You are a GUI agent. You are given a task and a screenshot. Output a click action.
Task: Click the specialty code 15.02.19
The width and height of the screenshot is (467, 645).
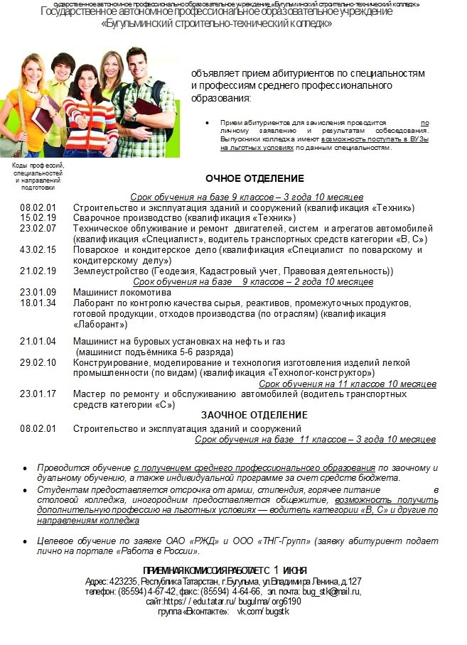click(x=38, y=218)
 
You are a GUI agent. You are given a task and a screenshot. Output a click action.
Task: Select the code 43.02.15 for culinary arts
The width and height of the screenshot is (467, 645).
click(x=38, y=250)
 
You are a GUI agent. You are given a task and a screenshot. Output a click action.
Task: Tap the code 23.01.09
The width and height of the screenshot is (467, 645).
click(x=38, y=293)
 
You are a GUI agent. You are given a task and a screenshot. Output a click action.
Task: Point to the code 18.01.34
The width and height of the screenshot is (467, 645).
click(x=38, y=303)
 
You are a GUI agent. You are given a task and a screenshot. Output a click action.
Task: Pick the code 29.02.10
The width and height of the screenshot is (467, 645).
click(x=38, y=362)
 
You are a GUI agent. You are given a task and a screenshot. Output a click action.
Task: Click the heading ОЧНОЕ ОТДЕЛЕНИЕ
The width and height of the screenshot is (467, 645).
click(x=254, y=178)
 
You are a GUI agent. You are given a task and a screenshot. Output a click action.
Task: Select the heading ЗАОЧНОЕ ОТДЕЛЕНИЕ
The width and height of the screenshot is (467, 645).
click(x=254, y=415)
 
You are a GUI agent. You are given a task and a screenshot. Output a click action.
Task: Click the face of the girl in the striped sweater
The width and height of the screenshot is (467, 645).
click(x=87, y=78)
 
